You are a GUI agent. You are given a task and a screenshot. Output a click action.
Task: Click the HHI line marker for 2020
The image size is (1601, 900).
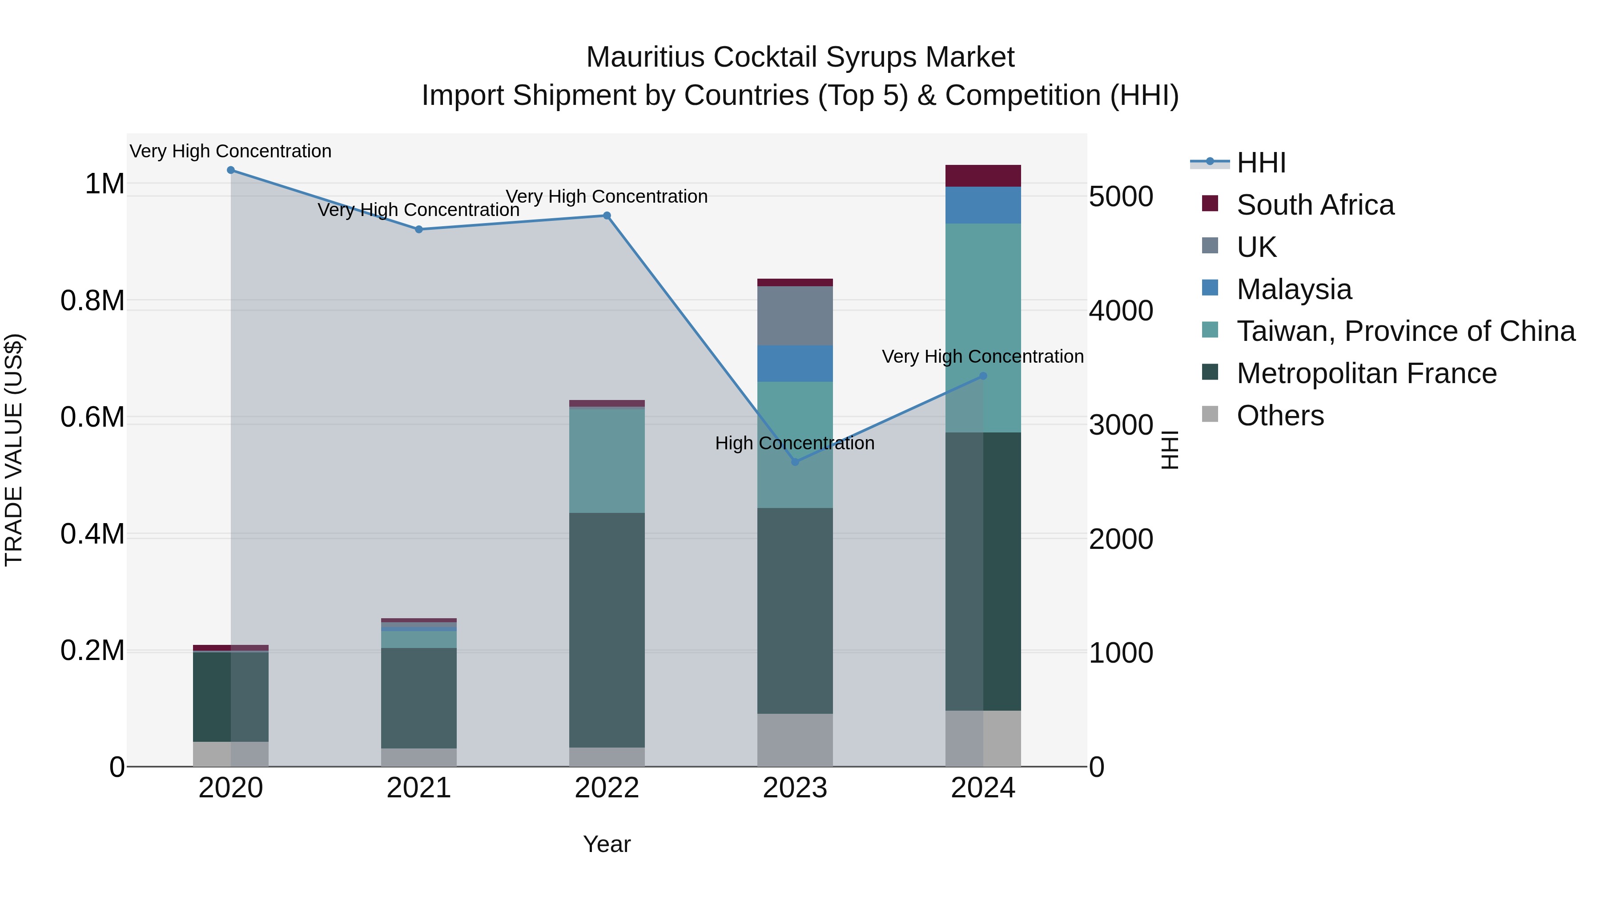(x=230, y=170)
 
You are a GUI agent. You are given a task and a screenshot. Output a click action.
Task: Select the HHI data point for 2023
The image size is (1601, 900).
(x=795, y=462)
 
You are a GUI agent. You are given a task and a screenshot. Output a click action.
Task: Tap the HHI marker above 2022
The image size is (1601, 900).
(x=607, y=216)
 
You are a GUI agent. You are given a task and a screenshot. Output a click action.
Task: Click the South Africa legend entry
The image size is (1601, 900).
(x=1315, y=205)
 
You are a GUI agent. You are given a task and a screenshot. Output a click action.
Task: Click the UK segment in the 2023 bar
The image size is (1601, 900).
(x=795, y=316)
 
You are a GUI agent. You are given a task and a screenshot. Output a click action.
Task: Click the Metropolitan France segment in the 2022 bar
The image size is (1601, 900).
(x=607, y=630)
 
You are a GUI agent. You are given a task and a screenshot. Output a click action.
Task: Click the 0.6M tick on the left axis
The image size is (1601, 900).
(x=93, y=417)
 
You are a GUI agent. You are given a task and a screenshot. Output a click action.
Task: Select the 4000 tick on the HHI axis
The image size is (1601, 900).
(x=1121, y=311)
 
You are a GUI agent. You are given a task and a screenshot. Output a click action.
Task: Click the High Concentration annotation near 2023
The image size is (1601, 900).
(x=794, y=444)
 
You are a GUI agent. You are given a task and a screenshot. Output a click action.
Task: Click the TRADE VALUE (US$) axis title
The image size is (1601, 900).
(x=14, y=450)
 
